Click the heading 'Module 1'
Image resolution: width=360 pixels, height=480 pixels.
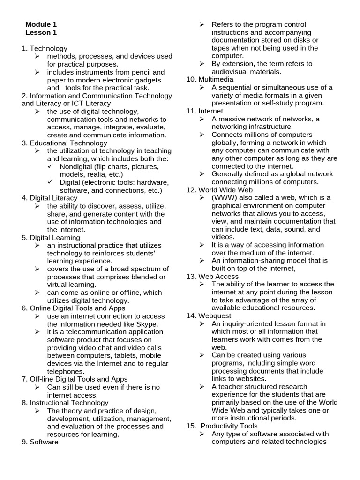click(x=41, y=24)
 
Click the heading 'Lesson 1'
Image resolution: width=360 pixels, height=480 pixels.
click(x=41, y=32)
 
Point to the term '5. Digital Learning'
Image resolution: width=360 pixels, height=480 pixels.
click(x=51, y=238)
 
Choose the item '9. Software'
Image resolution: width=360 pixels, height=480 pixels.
click(x=40, y=442)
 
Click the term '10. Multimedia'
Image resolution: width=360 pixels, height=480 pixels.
click(x=203, y=79)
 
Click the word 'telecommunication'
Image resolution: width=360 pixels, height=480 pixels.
click(x=89, y=332)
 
